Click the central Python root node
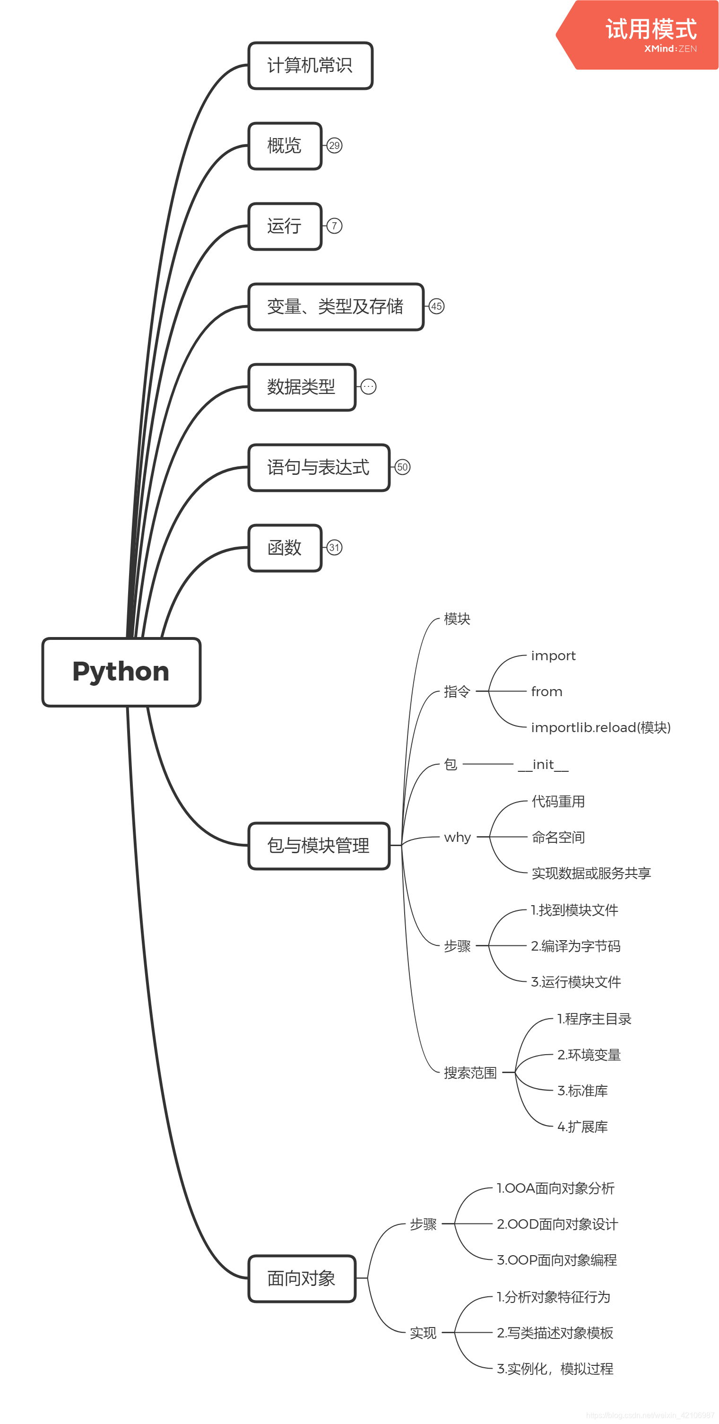pos(121,672)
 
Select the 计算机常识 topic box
pos(310,65)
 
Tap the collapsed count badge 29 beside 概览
pos(334,145)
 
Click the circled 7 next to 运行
pos(334,226)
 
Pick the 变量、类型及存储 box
pos(336,306)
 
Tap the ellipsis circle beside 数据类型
pos(369,386)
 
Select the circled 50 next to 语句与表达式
pos(402,467)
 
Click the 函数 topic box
pos(285,547)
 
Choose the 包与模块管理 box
pos(318,845)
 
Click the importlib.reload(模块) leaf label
pos(600,727)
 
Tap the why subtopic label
pos(457,837)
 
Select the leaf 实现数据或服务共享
pos(591,873)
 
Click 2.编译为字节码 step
pos(575,946)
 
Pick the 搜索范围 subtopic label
pos(470,1073)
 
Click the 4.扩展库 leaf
pos(582,1126)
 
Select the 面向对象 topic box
pos(301,1278)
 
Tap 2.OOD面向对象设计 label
pos(557,1224)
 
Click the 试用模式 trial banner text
pos(650,29)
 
